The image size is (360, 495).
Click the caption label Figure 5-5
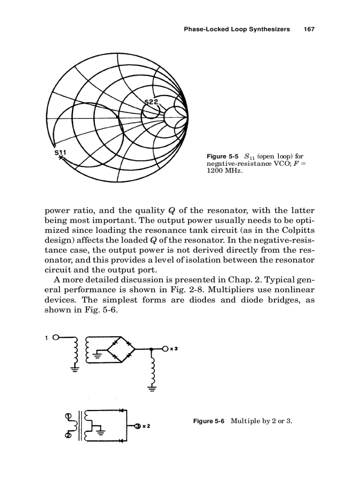[x=222, y=156]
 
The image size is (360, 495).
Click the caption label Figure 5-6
[x=209, y=421]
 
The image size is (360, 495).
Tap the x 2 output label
[x=144, y=426]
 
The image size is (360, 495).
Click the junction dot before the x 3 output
[x=151, y=349]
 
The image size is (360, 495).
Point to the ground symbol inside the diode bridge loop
[x=98, y=354]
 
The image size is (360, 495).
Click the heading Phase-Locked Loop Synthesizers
[x=236, y=29]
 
